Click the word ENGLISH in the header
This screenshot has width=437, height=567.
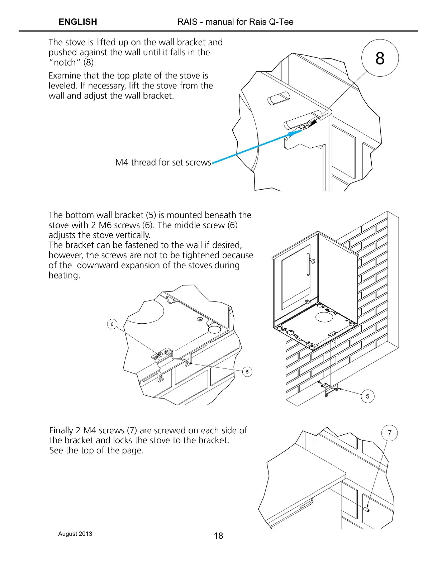pyautogui.click(x=78, y=22)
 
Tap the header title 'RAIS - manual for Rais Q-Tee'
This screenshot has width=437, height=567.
pyautogui.click(x=235, y=22)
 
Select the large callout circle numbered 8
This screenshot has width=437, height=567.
pyautogui.click(x=380, y=58)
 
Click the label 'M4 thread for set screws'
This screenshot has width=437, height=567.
pyautogui.click(x=163, y=162)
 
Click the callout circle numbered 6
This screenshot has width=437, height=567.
pyautogui.click(x=112, y=324)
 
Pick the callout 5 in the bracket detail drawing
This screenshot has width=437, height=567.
pyautogui.click(x=247, y=372)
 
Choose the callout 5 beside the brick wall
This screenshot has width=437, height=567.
pyautogui.click(x=367, y=396)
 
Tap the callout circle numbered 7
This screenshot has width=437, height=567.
pyautogui.click(x=390, y=433)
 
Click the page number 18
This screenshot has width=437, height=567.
pyautogui.click(x=218, y=536)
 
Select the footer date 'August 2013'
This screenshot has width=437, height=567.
pyautogui.click(x=75, y=534)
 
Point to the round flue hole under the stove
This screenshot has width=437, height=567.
pyautogui.click(x=324, y=317)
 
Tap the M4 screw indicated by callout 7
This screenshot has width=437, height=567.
pyautogui.click(x=367, y=509)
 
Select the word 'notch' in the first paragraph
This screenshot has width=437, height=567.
pyautogui.click(x=65, y=62)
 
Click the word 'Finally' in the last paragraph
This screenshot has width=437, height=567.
pyautogui.click(x=61, y=430)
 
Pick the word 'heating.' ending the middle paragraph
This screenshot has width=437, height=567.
pyautogui.click(x=64, y=275)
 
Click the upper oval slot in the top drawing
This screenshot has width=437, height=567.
pyautogui.click(x=278, y=97)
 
